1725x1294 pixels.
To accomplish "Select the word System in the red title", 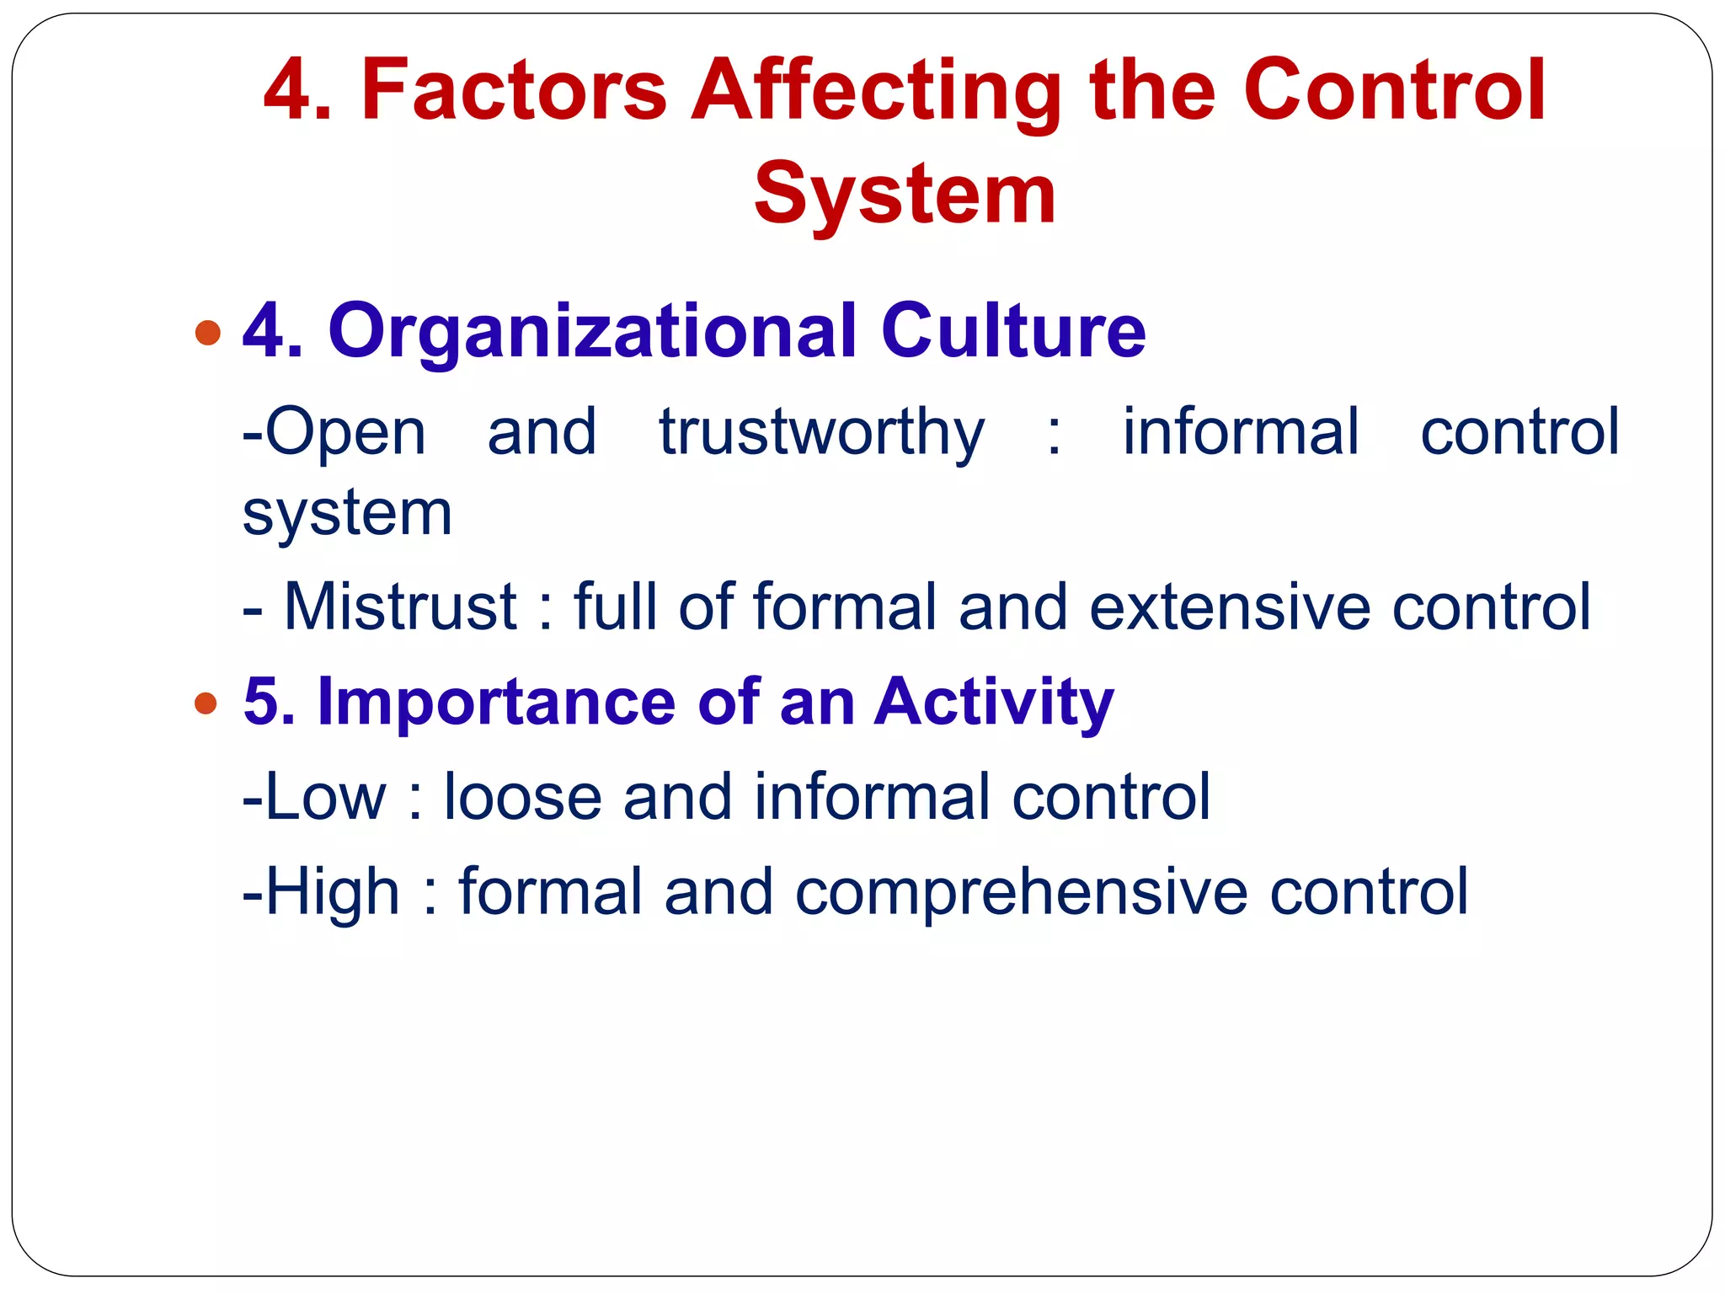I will pos(905,195).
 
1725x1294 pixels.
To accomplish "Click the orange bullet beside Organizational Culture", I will pos(207,333).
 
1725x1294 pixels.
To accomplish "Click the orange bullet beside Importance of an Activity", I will pos(206,703).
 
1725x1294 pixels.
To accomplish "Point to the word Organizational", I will pos(592,331).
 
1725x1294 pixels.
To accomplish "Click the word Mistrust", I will pos(400,606).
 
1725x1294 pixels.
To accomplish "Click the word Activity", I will pos(994,703).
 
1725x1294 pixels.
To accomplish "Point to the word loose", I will pos(522,796).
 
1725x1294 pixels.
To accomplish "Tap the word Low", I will pos(325,796).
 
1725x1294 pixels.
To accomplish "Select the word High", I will pos(332,891).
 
